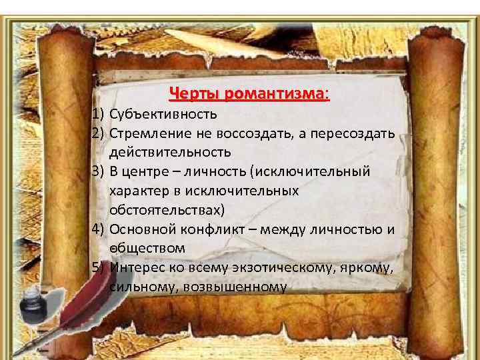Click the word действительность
pyautogui.click(x=170, y=153)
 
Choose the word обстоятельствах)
pyautogui.click(x=168, y=210)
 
